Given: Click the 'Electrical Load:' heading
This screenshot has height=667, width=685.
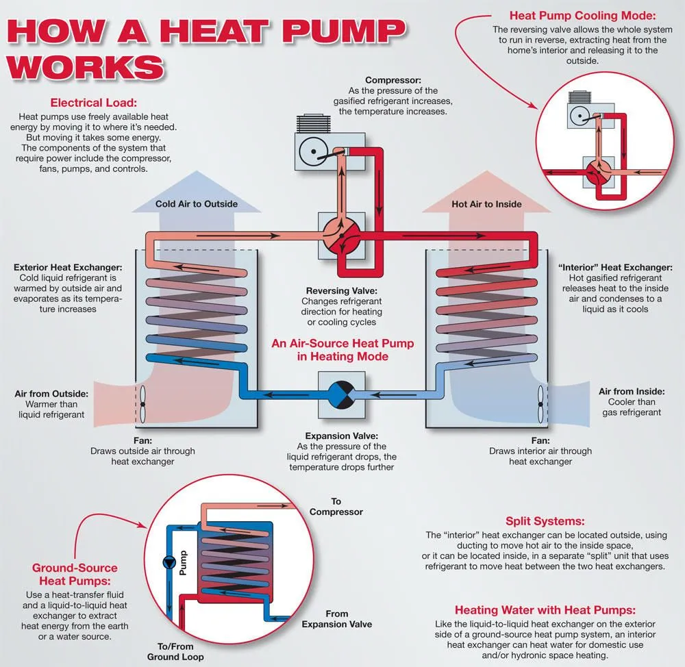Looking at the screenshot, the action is (x=93, y=103).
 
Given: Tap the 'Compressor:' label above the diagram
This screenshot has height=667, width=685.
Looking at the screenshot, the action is (x=393, y=80).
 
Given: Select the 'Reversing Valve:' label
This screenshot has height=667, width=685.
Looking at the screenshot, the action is (x=342, y=291).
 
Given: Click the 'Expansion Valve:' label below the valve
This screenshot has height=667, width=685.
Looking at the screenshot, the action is (x=342, y=436).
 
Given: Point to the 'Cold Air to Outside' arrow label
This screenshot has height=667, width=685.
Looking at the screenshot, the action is (x=197, y=204).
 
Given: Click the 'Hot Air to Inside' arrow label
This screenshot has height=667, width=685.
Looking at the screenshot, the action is (x=486, y=204).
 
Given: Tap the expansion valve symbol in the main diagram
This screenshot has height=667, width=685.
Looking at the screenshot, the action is (x=342, y=395).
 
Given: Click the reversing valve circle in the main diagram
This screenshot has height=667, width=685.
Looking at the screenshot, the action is (x=342, y=236).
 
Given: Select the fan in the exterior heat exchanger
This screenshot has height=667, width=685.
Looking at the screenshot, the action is (x=142, y=404).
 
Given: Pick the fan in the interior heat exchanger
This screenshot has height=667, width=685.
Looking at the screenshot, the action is (x=540, y=404).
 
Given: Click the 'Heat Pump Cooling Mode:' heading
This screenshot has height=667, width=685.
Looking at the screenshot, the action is (x=582, y=16).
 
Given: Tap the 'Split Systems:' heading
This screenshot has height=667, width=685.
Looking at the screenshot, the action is (x=545, y=521).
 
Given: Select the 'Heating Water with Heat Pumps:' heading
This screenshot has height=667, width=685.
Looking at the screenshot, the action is (x=545, y=610).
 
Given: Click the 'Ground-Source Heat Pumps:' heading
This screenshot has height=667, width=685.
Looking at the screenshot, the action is (x=75, y=575).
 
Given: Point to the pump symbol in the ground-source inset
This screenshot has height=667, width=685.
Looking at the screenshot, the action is (x=169, y=563).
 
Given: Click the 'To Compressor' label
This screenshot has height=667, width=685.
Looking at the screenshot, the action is (x=336, y=507).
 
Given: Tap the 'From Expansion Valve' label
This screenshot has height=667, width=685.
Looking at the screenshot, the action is (x=337, y=619).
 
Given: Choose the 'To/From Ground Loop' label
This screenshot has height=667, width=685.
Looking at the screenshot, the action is (x=175, y=652).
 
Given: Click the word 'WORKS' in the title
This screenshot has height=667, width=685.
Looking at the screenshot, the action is (x=85, y=68).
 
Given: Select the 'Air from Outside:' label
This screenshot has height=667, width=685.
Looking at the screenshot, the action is (x=51, y=394).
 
